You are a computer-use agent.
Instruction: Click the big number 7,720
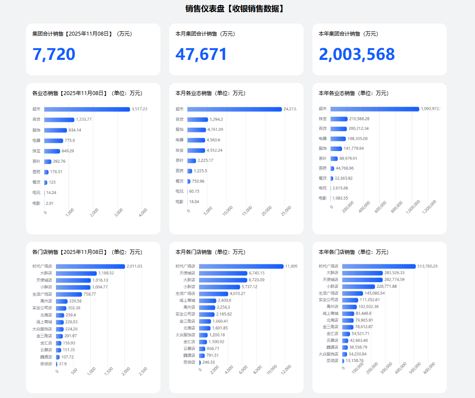(x=54, y=54)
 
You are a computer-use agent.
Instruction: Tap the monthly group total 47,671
(x=201, y=54)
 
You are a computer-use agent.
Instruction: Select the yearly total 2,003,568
(x=357, y=54)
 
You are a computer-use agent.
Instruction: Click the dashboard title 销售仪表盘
(x=235, y=9)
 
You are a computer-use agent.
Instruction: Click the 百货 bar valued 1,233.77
(x=59, y=120)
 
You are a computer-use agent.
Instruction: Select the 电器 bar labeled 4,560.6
(x=196, y=140)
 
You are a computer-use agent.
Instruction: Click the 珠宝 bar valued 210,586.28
(x=339, y=119)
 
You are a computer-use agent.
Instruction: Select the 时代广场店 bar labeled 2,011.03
(x=90, y=266)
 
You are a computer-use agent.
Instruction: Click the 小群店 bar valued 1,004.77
(x=73, y=287)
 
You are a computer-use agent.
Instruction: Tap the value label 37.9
(x=62, y=364)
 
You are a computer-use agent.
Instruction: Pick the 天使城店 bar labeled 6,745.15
(x=223, y=273)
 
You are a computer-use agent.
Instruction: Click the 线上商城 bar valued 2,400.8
(x=207, y=301)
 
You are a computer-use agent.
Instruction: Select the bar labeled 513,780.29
(x=379, y=266)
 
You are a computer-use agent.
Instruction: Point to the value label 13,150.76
(x=354, y=361)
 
